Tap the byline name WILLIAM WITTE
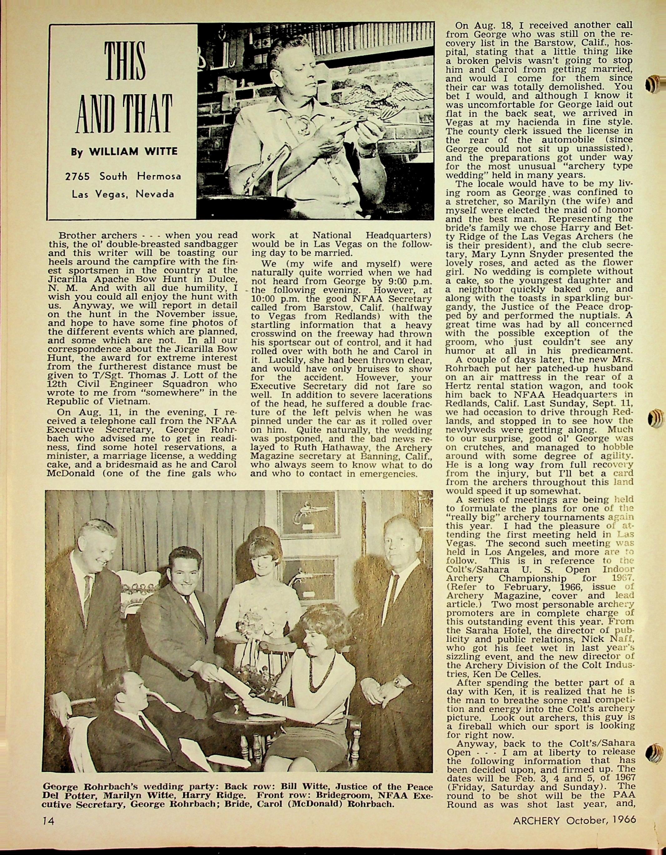tap(133, 151)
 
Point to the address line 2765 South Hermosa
tap(123, 176)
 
